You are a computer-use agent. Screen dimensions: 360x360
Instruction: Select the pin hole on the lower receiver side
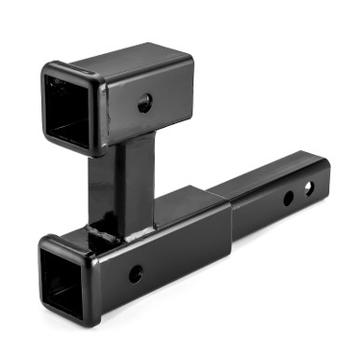click(136, 273)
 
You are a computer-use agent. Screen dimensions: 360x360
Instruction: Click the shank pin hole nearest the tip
click(310, 189)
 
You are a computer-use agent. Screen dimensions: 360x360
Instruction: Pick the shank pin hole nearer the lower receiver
click(288, 198)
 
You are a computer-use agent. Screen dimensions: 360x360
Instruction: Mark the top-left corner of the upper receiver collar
click(45, 67)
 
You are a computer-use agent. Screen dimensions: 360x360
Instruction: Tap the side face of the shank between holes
click(298, 194)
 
